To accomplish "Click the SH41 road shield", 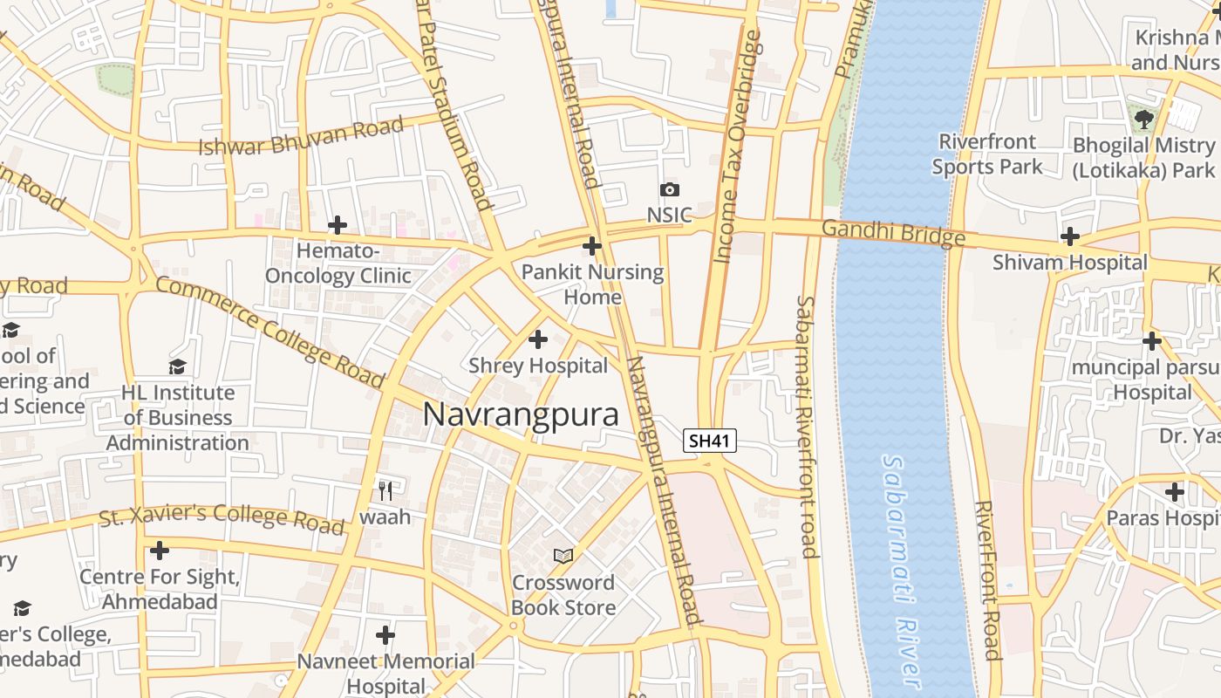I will click(x=709, y=441).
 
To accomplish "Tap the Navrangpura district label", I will click(x=521, y=414).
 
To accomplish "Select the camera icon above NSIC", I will click(x=669, y=189).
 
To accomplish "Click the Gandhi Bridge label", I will click(x=893, y=232).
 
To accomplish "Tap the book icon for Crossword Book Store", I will click(x=563, y=556).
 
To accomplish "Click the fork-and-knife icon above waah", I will click(x=385, y=489).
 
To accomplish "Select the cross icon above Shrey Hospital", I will click(x=538, y=339).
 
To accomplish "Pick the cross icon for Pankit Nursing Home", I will click(x=592, y=246).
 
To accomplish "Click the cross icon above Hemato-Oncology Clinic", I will click(x=338, y=225).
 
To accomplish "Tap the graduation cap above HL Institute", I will click(x=178, y=366).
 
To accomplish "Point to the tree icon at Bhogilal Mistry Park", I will click(x=1144, y=119).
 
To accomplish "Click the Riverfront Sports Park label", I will click(x=987, y=154).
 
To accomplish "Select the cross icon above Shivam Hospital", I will click(x=1070, y=236).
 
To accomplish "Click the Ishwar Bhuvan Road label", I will click(x=302, y=136).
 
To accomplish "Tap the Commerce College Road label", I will click(x=269, y=332).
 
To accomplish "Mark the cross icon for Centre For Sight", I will click(x=159, y=551).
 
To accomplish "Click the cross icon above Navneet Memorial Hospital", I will click(x=385, y=634).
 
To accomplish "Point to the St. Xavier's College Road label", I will click(x=222, y=517).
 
